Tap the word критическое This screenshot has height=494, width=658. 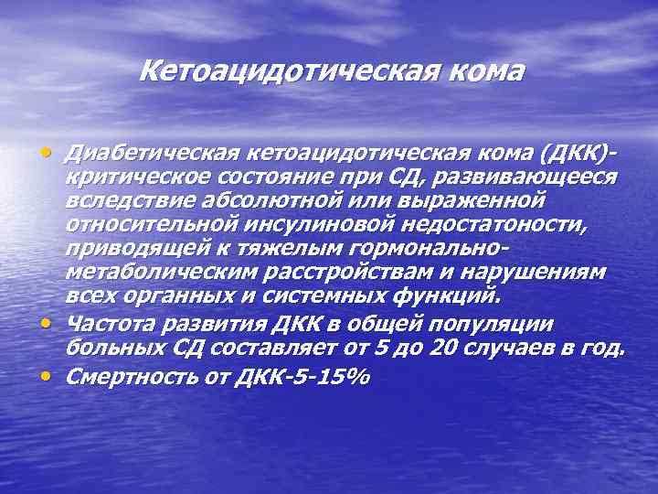click(146, 175)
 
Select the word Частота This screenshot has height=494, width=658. click(111, 325)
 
